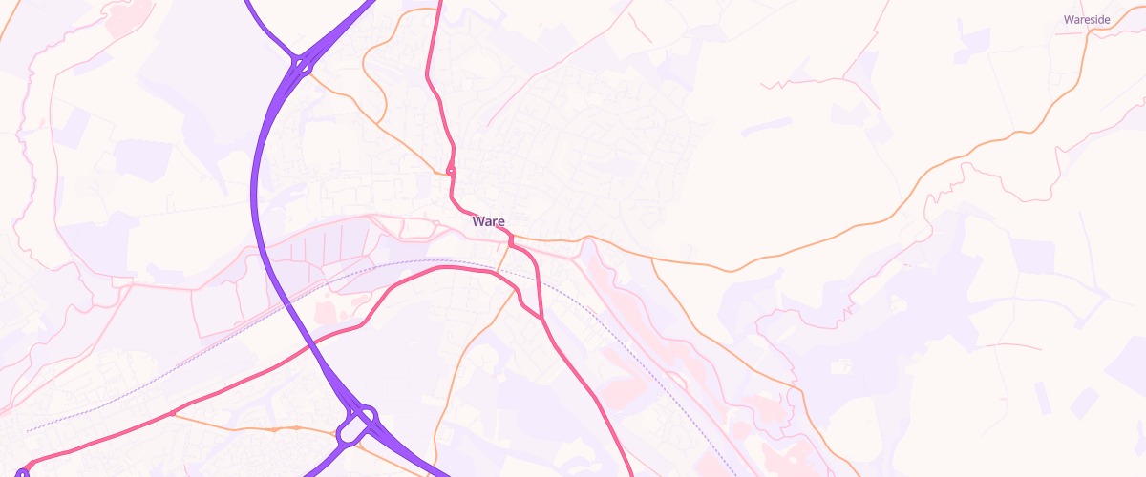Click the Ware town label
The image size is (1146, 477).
(488, 221)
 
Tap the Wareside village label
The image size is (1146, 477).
(1087, 19)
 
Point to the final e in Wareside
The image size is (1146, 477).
(1106, 19)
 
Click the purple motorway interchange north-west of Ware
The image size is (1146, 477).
(302, 65)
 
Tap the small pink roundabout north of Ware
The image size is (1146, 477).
(451, 172)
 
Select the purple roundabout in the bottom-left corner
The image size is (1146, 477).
(22, 472)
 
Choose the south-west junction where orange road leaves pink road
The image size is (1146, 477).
(172, 413)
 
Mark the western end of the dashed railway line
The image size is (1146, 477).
(27, 431)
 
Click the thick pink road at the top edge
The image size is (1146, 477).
(439, 4)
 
